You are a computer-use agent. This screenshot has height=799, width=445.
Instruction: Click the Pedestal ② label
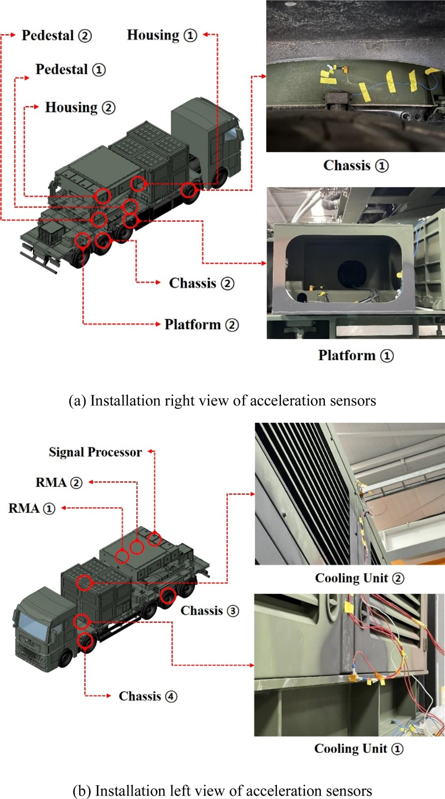point(56,36)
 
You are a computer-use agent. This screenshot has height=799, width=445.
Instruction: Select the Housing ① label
point(162,35)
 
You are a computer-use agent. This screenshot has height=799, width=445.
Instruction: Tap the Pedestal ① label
point(70,70)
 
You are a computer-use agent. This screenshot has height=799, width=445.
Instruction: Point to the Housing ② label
point(80,107)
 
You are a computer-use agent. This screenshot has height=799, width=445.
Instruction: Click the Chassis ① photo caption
point(354,166)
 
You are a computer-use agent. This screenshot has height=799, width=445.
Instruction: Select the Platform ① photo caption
point(355,355)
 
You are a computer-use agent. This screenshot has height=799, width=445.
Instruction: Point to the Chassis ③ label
point(209,610)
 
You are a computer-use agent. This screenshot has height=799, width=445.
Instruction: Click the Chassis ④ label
point(148,696)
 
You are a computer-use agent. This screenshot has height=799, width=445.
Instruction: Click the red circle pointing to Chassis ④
point(85,640)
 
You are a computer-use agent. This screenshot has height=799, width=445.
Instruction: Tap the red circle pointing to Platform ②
point(82,240)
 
